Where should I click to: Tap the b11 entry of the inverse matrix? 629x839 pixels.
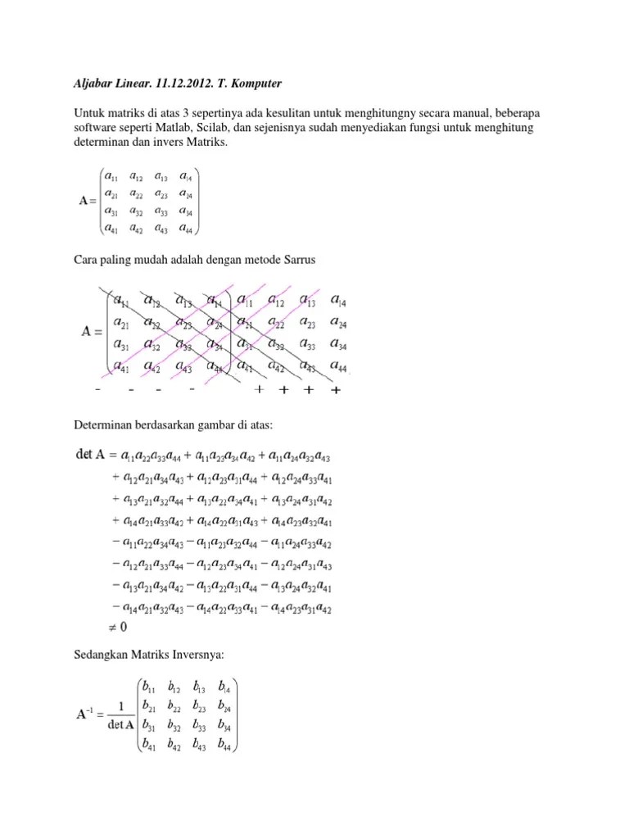tap(149, 687)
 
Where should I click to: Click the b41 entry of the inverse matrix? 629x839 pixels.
tap(150, 746)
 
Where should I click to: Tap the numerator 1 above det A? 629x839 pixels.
tap(120, 706)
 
